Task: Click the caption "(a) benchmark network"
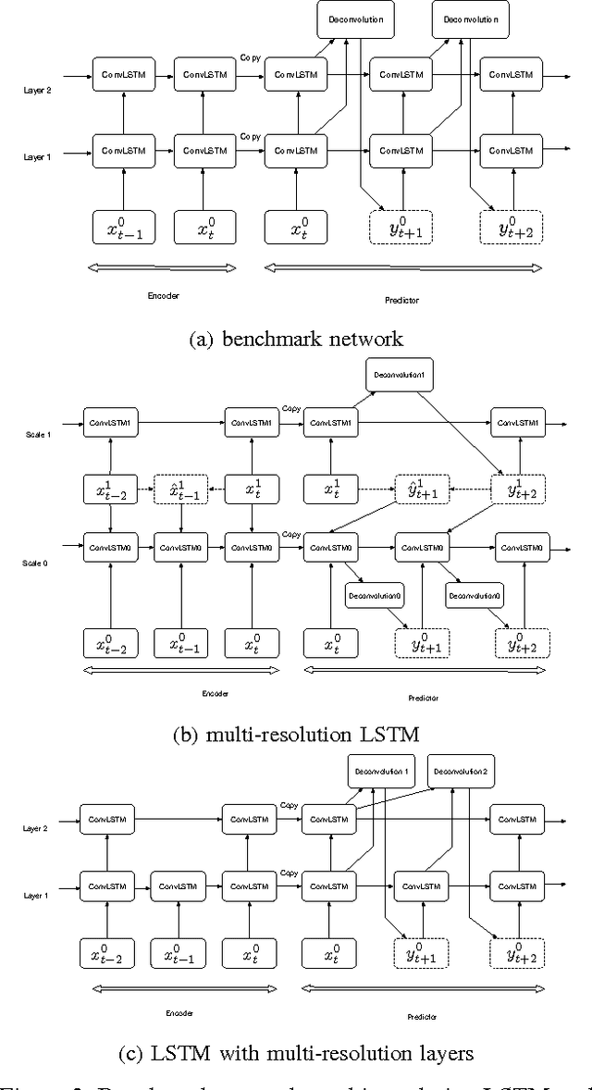tap(296, 339)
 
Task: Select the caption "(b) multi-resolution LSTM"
tap(296, 736)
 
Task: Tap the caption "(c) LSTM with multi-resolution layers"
tap(296, 1051)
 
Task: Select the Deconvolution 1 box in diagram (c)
tap(380, 771)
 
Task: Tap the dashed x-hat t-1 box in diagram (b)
tap(181, 488)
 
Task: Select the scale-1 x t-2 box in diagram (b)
tap(111, 488)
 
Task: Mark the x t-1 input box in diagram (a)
tap(124, 228)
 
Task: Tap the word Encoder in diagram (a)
tap(163, 297)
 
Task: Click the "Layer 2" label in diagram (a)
tap(37, 89)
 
